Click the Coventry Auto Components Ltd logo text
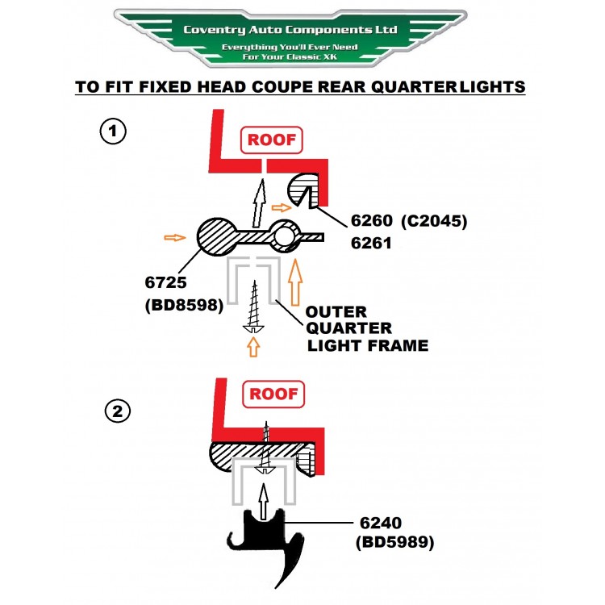[290, 30]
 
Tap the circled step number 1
[112, 131]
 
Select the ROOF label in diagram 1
[272, 140]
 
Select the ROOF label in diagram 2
[272, 394]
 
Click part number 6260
[373, 219]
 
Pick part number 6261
[373, 240]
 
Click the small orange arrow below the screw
[255, 346]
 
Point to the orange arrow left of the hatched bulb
[174, 237]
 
